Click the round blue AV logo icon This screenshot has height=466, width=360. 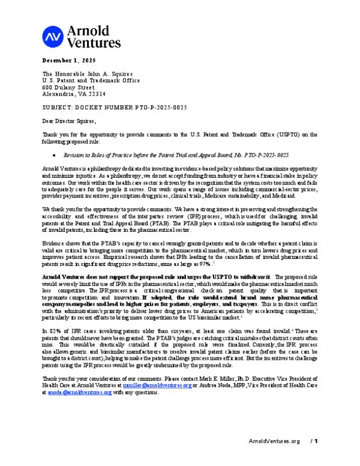[52, 37]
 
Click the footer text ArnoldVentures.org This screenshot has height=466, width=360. [274, 458]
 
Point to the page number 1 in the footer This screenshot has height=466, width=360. [315, 458]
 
